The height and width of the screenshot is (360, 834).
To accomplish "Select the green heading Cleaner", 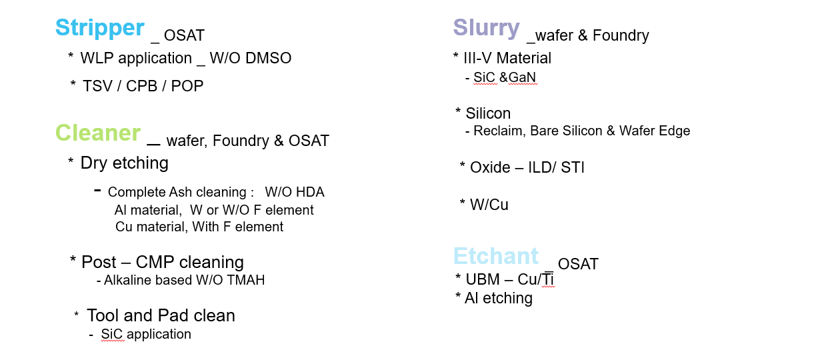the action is click(98, 133).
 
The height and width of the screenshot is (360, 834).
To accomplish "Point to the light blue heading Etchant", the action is click(496, 256).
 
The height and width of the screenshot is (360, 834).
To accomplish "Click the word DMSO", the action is click(269, 58).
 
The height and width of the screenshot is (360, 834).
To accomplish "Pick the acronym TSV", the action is click(97, 86).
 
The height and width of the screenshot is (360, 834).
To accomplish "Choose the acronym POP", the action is click(187, 86).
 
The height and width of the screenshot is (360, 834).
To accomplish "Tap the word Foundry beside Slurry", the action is click(621, 35).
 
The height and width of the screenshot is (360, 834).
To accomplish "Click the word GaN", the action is click(522, 77).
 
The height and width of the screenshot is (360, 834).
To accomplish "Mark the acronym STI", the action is click(573, 167).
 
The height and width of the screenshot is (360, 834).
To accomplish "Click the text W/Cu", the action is click(489, 205).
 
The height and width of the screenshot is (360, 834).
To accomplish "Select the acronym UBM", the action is click(483, 279).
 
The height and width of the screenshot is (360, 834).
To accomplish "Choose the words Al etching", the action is click(499, 298).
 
